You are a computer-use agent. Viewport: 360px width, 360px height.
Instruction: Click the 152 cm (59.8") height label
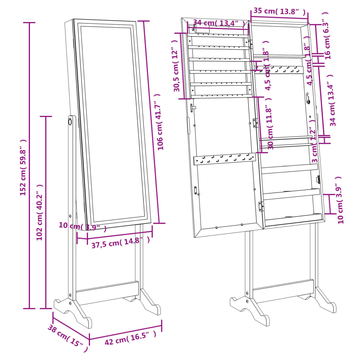pyautogui.click(x=23, y=167)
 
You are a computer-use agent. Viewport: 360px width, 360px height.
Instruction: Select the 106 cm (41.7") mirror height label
pyautogui.click(x=161, y=122)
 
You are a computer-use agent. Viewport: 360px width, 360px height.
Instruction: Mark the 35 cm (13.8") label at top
pyautogui.click(x=279, y=11)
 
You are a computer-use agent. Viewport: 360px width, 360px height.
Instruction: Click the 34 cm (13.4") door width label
pyautogui.click(x=219, y=23)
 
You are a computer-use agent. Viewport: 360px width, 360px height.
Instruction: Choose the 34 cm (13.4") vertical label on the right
pyautogui.click(x=333, y=100)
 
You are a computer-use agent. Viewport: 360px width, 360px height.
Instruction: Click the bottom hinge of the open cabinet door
pyautogui.click(x=261, y=206)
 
